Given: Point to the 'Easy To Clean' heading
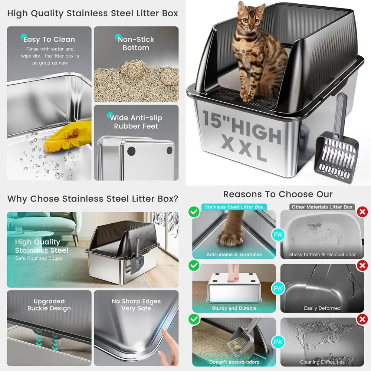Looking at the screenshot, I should tap(49, 39).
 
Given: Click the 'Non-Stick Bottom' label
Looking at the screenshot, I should tap(136, 43).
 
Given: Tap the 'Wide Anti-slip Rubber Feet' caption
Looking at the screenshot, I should tap(136, 122).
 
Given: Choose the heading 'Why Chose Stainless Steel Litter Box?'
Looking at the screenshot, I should tap(93, 198).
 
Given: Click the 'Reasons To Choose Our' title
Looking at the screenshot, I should tap(278, 194).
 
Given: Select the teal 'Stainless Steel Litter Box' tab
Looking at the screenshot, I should tap(234, 207).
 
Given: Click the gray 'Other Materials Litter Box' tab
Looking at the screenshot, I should tap(322, 207).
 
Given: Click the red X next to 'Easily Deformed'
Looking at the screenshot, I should tap(361, 266).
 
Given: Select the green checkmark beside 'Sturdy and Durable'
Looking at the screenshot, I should tap(193, 266).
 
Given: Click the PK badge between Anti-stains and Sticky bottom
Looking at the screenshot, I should tap(278, 234).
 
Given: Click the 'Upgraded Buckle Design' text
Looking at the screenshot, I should tap(49, 305).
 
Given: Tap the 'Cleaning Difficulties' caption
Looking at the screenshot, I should tap(322, 362).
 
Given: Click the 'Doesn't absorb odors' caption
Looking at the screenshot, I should tap(234, 362).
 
